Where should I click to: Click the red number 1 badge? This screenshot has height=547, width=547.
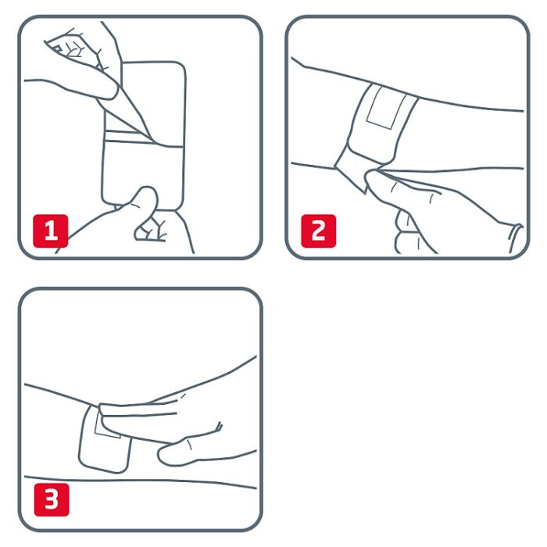click(51, 231)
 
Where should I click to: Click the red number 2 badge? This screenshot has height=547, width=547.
click(319, 231)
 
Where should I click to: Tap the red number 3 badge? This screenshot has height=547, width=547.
click(52, 499)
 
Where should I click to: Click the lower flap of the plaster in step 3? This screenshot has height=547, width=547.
click(105, 453)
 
